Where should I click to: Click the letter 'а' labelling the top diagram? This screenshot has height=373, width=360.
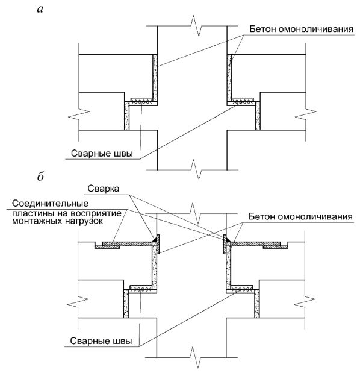click(x=40, y=10)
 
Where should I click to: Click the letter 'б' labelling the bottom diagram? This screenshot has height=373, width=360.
click(x=40, y=177)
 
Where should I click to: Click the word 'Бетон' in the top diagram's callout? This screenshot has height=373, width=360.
click(x=262, y=29)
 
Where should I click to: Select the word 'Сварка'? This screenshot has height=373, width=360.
click(x=104, y=189)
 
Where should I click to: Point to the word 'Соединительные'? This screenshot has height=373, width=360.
click(x=51, y=204)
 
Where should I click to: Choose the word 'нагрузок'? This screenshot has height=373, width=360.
click(x=80, y=222)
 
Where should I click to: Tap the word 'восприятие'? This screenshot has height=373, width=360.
click(x=96, y=213)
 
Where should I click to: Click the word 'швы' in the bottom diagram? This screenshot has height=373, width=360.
click(x=123, y=341)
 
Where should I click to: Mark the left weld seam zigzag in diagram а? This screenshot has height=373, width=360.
click(x=141, y=102)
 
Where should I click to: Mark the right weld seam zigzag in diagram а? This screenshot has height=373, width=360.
click(x=243, y=102)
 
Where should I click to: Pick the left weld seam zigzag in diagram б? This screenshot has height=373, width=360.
click(x=141, y=289)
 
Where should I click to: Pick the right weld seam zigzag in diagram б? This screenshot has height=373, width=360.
click(x=242, y=289)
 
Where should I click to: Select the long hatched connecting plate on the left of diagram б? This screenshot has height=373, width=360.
click(x=128, y=244)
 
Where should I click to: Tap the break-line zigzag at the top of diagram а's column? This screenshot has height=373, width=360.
click(x=196, y=26)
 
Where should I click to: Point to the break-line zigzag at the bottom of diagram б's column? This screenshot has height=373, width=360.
click(x=195, y=357)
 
